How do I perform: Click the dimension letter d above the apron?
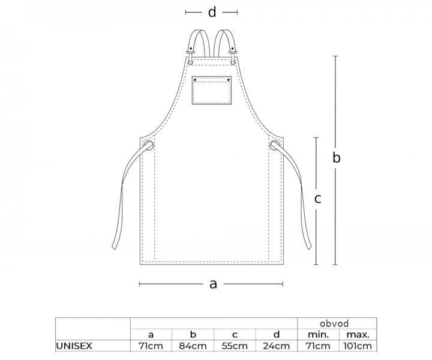tap(212, 12)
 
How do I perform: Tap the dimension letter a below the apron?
tap(213, 284)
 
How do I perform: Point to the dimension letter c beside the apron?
tap(317, 199)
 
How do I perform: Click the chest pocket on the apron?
tap(212, 91)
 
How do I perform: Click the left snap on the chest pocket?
tap(195, 80)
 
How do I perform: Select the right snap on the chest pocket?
tap(229, 80)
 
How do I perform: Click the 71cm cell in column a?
tap(151, 346)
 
